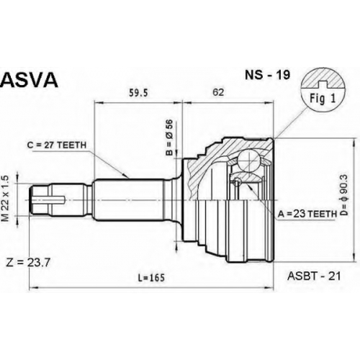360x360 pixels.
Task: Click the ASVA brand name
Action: point(30,80)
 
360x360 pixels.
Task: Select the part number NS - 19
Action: point(267,75)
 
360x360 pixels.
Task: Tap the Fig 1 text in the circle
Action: point(323,98)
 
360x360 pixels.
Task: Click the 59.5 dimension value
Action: point(138,93)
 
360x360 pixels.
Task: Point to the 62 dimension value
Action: point(218,92)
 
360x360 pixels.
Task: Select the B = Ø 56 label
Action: point(169,138)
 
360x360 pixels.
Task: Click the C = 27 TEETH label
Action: point(57,145)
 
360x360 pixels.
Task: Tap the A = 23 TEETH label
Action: point(307,214)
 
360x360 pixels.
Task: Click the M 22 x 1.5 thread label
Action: point(6,199)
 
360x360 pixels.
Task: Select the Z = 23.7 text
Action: point(28,263)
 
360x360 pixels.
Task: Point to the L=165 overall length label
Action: point(151,278)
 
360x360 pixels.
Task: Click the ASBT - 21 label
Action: point(314,276)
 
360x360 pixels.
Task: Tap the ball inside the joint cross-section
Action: point(249,161)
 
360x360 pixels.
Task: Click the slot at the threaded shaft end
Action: point(49,198)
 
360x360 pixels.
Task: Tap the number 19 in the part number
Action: point(284,75)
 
